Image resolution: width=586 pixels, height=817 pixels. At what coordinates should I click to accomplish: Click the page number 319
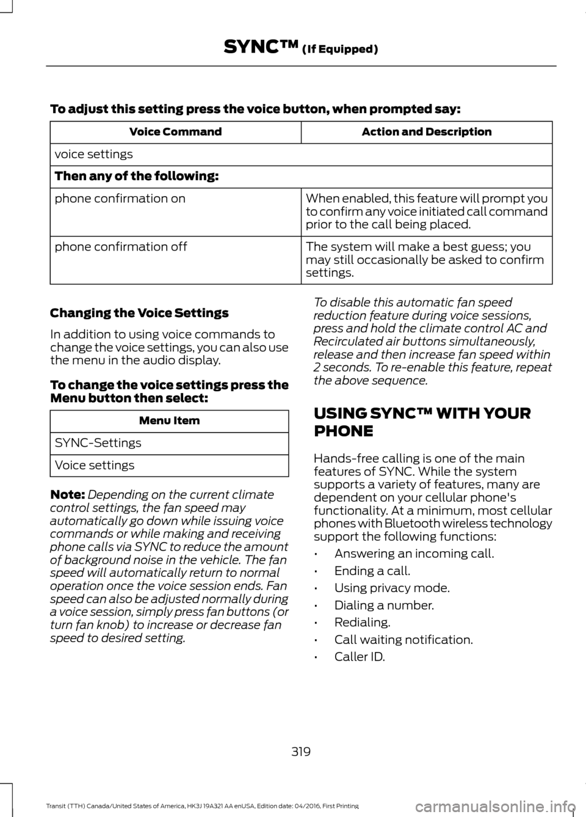pos(301,751)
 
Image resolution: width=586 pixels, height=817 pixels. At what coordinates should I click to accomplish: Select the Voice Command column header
pos(175,132)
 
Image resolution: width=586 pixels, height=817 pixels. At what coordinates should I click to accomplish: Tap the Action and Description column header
pos(426,132)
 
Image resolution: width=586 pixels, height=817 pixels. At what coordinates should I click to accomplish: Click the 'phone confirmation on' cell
pos(120,199)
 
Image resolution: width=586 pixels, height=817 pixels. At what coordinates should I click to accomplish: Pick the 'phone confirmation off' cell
pos(121,247)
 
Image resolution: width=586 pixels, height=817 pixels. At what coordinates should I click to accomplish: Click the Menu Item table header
pos(169,420)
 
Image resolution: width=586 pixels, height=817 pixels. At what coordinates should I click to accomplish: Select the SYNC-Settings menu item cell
pos(98,443)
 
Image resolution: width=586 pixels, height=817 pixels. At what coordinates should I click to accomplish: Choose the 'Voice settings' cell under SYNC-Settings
pos(95,466)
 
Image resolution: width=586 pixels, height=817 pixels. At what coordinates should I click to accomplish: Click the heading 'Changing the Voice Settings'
pos(139,313)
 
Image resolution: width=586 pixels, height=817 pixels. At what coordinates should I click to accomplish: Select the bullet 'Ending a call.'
pos(372,571)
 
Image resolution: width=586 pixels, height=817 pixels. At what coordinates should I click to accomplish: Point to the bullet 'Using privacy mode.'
pos(392,588)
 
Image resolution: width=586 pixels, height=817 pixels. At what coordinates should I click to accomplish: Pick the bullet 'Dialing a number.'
pos(384,605)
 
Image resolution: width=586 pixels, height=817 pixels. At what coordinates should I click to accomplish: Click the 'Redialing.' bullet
pos(362,623)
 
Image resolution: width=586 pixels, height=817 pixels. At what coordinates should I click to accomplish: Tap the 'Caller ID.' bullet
pos(360,657)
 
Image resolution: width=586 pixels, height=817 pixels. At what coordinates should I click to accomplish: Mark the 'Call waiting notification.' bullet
pos(403,640)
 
